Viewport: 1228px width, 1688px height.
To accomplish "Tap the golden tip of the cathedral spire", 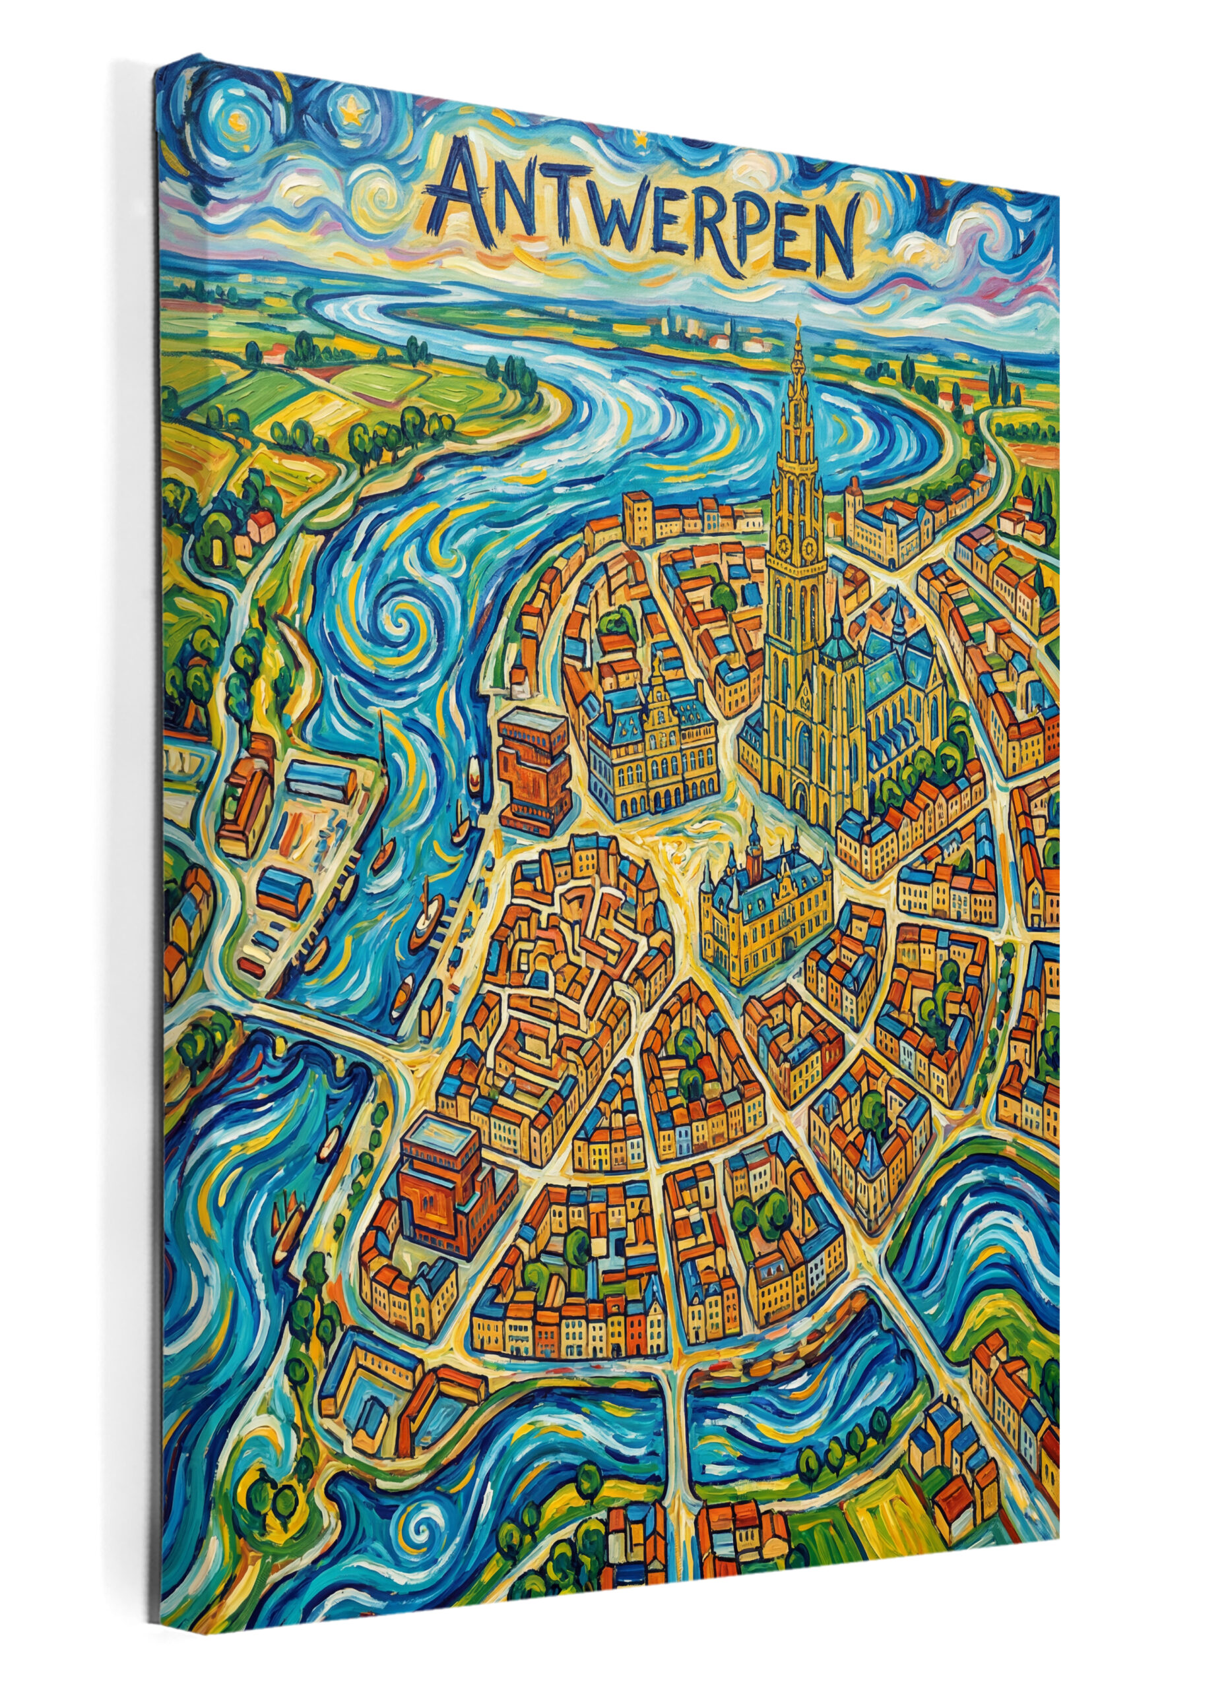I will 798,322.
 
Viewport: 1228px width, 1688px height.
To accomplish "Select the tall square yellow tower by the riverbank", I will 638,516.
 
